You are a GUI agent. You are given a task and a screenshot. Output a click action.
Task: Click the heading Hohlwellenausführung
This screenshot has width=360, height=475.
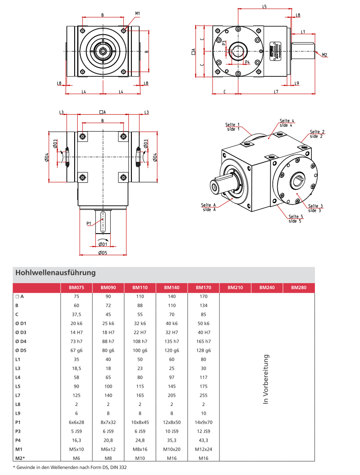(55, 273)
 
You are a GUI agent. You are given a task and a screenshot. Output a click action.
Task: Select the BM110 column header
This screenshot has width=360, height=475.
(140, 287)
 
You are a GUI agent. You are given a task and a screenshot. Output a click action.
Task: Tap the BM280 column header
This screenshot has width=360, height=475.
(299, 287)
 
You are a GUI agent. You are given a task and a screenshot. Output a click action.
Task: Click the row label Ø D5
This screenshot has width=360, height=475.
(21, 350)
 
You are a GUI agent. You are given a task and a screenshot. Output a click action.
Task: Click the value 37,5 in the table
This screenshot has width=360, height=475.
(76, 314)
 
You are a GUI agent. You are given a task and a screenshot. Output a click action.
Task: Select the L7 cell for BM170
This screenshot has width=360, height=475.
(203, 396)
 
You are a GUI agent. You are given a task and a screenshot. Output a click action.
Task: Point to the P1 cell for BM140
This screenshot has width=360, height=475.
(172, 422)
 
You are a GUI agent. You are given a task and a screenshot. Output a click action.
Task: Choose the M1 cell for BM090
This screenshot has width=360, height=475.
(108, 449)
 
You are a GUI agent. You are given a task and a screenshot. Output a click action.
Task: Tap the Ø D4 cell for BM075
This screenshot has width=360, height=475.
(76, 341)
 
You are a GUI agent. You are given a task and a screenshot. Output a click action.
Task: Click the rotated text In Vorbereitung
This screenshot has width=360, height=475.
(266, 379)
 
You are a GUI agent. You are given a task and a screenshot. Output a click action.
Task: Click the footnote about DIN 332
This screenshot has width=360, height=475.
(70, 468)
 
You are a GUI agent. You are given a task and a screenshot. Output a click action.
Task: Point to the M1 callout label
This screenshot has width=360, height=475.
(137, 13)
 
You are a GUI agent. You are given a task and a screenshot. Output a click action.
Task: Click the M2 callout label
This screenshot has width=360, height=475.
(325, 55)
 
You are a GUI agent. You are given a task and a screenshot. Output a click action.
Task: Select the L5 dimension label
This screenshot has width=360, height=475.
(265, 7)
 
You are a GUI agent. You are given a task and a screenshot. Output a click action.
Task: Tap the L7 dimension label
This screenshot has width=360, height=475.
(276, 91)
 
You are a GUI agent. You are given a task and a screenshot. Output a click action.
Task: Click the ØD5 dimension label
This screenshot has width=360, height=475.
(103, 253)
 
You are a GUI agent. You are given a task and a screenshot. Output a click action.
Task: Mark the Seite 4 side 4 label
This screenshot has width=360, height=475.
(287, 122)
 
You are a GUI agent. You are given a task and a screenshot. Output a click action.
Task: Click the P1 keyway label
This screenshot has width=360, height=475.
(88, 223)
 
